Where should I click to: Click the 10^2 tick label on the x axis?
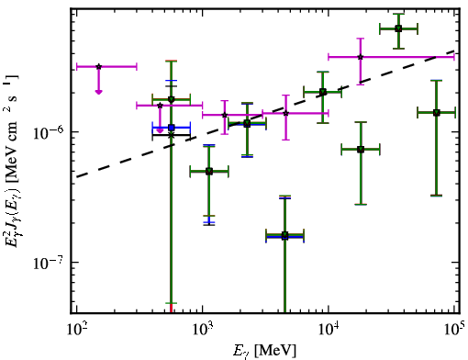pos(76,330)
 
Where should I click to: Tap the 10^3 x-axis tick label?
pos(202,330)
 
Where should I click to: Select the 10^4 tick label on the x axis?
pos(328,330)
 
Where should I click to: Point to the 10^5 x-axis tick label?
pos(454,330)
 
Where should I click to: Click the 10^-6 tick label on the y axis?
pos(49,132)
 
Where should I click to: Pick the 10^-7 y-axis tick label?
pos(49,263)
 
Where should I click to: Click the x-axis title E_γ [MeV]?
pos(264,351)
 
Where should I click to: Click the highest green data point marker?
pos(398,28)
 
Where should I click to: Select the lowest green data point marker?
pos(284,235)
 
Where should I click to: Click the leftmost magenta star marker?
pos(98,66)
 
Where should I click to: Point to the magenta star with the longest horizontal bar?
pos(361,57)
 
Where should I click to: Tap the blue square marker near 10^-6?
pos(172,128)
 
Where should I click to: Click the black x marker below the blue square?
pos(172,135)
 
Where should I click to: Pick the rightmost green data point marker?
pos(437,113)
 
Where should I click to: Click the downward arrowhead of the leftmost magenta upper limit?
pos(98,92)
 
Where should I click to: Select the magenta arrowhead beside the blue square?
pos(160,130)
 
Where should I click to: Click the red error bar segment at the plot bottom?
pos(172,309)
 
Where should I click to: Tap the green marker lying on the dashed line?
pos(323,92)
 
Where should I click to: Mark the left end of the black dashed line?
pos(76,176)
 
